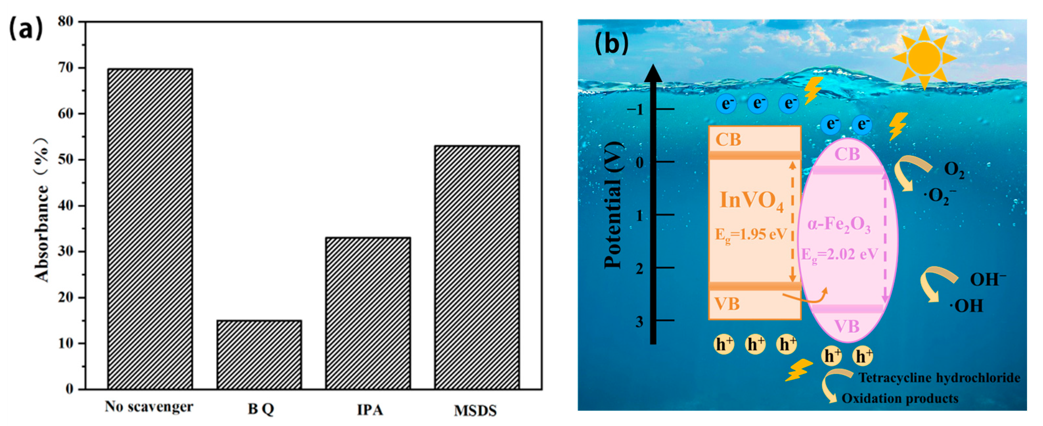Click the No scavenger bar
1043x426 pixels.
click(x=150, y=229)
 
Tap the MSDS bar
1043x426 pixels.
click(x=477, y=267)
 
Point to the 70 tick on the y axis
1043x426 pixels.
click(x=67, y=68)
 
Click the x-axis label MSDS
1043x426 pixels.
click(x=475, y=411)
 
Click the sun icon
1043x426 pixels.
click(x=924, y=58)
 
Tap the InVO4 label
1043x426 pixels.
click(x=751, y=200)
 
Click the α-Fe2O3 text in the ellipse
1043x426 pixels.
click(x=838, y=225)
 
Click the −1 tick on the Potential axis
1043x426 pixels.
click(x=635, y=109)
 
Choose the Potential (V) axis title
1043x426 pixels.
click(x=612, y=205)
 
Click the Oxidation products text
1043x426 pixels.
click(x=900, y=398)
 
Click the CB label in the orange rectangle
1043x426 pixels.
click(x=728, y=140)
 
